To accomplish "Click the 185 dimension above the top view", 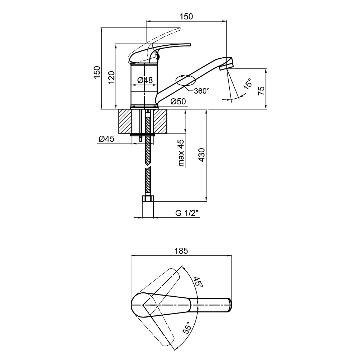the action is (181, 251).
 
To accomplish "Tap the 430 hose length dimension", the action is (202, 155).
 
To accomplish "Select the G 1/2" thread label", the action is (186, 213).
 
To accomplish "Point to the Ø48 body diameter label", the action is (145, 80).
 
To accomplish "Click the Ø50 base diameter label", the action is (178, 101).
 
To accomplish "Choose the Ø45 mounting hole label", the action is (106, 139).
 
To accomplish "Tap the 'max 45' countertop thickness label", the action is (181, 153).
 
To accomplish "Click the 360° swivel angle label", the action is (202, 91).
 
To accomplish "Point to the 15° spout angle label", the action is (248, 84).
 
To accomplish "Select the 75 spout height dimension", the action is (261, 91).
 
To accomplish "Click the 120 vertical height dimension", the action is (111, 77).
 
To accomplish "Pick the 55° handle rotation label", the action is (187, 328).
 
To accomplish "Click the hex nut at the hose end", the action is (148, 198).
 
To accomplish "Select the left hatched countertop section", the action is (125, 121).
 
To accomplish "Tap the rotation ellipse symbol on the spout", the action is (185, 80).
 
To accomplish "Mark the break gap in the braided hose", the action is (148, 166).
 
